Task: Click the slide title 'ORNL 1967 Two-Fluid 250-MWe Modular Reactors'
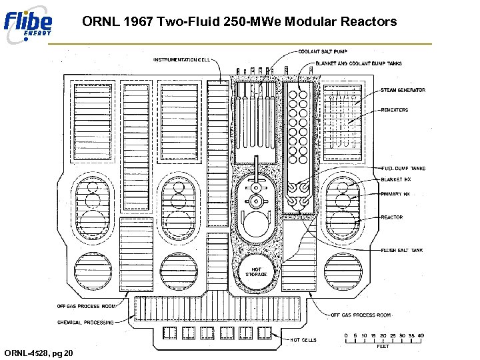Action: (239, 21)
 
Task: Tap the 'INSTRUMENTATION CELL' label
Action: (181, 59)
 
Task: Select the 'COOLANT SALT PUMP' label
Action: (323, 51)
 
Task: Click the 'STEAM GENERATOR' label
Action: (403, 90)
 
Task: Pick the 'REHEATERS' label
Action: (395, 110)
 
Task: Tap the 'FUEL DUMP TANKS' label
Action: (403, 169)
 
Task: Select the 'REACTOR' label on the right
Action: (391, 217)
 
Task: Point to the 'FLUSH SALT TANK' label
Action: (401, 251)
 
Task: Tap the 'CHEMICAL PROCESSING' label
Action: (85, 322)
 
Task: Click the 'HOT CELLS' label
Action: (304, 340)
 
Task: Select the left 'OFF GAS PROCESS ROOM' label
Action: (87, 306)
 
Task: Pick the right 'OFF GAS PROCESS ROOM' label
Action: (361, 315)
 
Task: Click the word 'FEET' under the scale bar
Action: (383, 347)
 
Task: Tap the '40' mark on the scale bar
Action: (421, 335)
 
